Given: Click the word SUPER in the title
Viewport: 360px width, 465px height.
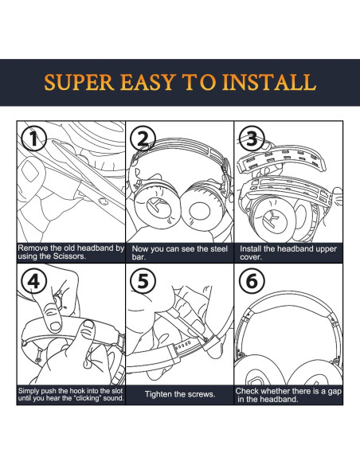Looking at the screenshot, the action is [x=79, y=82].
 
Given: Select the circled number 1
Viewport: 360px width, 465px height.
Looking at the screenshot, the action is [x=33, y=139].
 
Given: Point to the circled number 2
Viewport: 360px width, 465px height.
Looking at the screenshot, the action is [x=143, y=139].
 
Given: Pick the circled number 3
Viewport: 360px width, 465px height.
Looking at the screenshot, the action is [x=252, y=139].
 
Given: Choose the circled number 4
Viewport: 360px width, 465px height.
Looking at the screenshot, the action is [x=33, y=281].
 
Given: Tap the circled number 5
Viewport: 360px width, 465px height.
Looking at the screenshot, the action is [x=143, y=281].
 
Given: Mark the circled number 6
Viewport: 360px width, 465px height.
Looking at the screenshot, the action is [x=252, y=281].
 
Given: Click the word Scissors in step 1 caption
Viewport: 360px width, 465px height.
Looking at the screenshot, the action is [x=69, y=256].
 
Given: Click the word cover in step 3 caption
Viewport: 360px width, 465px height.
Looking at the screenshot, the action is [x=251, y=257].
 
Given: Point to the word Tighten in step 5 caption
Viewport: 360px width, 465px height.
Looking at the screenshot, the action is [x=158, y=394].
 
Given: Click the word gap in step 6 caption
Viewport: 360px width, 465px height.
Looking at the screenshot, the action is [x=335, y=392].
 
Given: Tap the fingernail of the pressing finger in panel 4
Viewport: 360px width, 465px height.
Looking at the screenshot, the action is [x=55, y=326].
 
